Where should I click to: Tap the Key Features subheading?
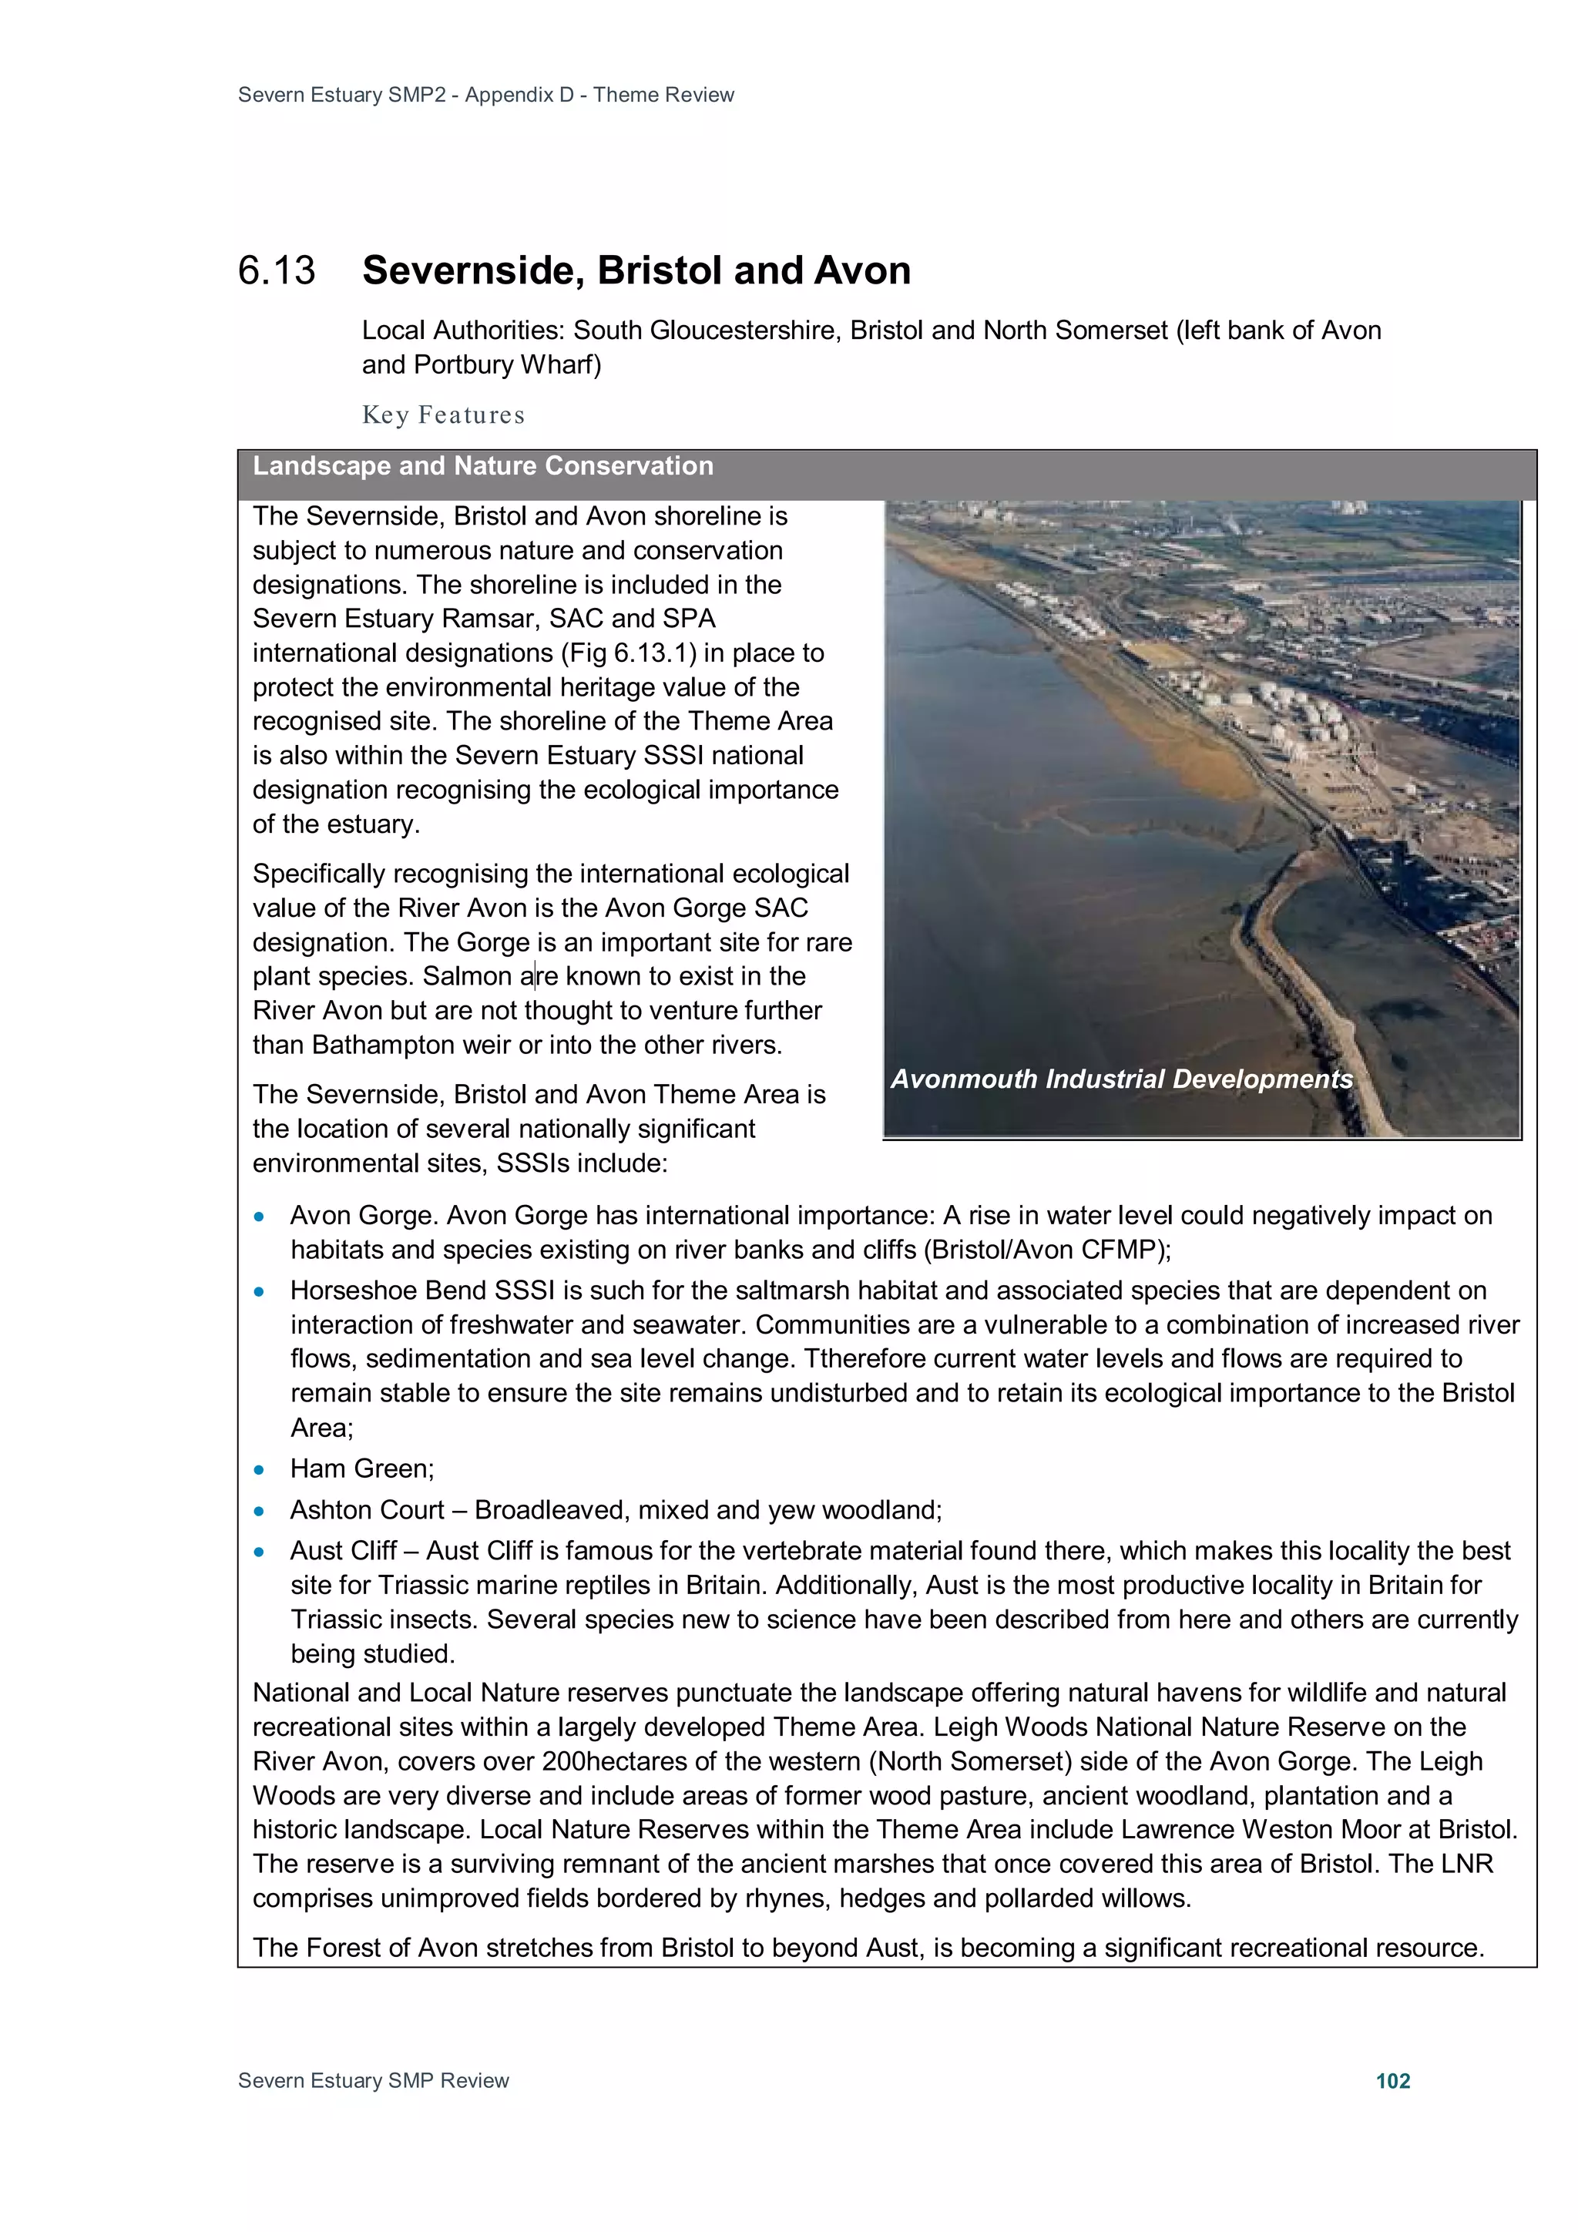(x=443, y=415)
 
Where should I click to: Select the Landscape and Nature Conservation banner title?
(x=482, y=467)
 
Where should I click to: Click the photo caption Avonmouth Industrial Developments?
(x=1121, y=1079)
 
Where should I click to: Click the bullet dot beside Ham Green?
(x=259, y=1470)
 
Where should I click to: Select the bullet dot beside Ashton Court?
(x=259, y=1512)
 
